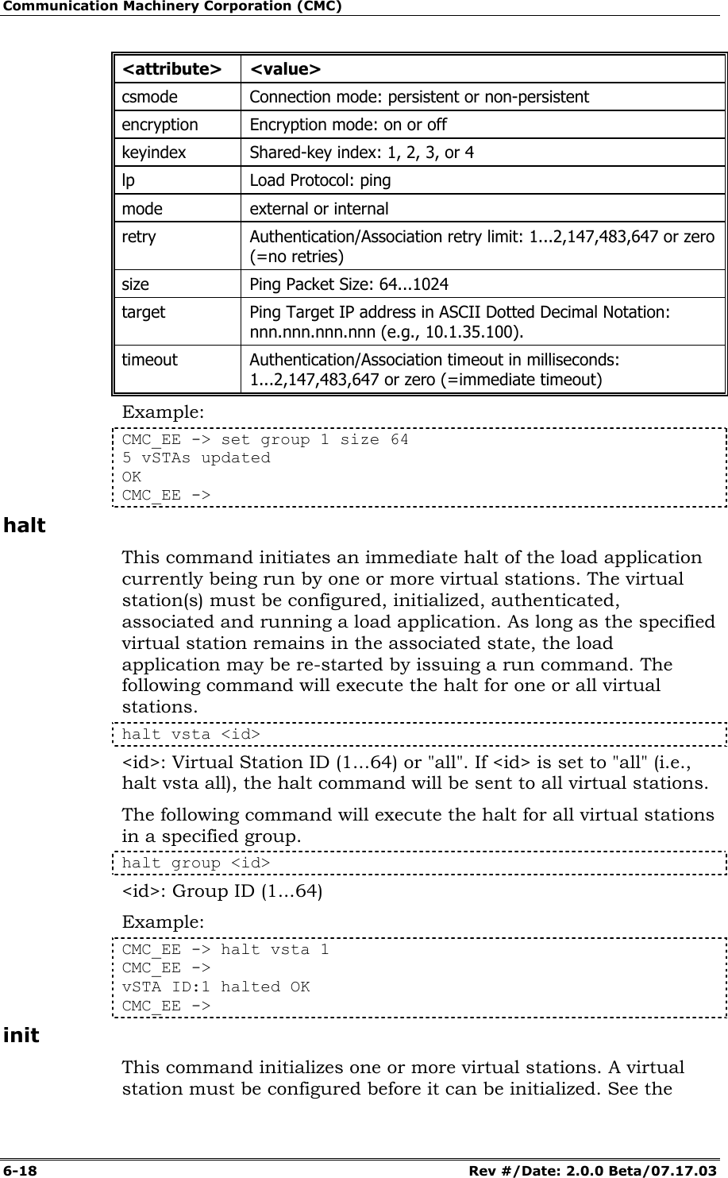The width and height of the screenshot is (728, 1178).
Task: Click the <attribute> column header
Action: tap(171, 69)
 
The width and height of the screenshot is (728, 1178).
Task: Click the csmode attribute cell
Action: tap(150, 97)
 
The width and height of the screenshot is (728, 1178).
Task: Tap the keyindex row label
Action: tap(153, 153)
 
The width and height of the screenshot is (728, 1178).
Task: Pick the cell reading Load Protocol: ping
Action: tap(320, 180)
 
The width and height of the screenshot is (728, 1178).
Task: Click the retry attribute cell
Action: tap(139, 237)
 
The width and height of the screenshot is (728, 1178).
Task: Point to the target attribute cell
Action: tap(144, 312)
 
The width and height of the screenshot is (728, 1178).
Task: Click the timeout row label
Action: tap(149, 360)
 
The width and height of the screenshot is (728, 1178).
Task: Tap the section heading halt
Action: tap(25, 526)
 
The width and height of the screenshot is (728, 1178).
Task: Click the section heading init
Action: tap(21, 1036)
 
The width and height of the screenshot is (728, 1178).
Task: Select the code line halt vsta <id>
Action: tap(191, 735)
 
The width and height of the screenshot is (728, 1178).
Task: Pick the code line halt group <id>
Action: tap(195, 863)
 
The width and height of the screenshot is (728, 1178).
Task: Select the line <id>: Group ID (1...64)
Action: tap(222, 891)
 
